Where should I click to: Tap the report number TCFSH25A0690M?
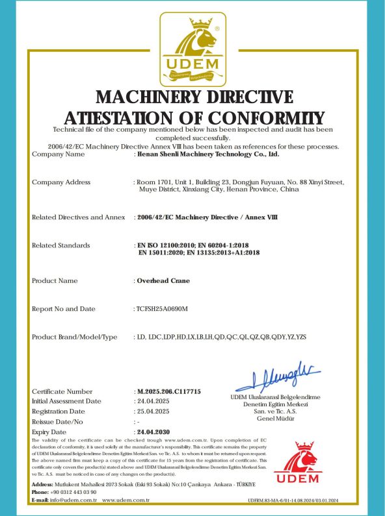tap(161, 308)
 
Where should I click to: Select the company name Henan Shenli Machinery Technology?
tap(207, 154)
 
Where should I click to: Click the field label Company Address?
tap(61, 182)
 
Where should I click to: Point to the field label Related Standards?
tap(61, 245)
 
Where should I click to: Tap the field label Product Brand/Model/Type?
tap(75, 337)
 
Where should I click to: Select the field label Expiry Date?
tap(49, 432)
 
